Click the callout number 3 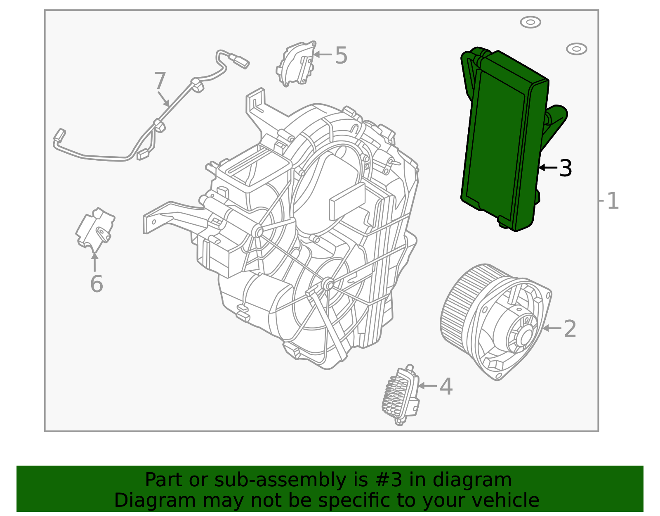565,168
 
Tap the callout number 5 341,55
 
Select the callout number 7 160,81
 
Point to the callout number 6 97,284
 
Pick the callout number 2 570,329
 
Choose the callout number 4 446,386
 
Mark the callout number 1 612,201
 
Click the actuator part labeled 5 296,64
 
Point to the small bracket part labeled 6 95,230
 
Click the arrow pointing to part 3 548,167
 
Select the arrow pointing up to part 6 95,262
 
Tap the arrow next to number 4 428,386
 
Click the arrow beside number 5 323,55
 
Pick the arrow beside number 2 552,328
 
